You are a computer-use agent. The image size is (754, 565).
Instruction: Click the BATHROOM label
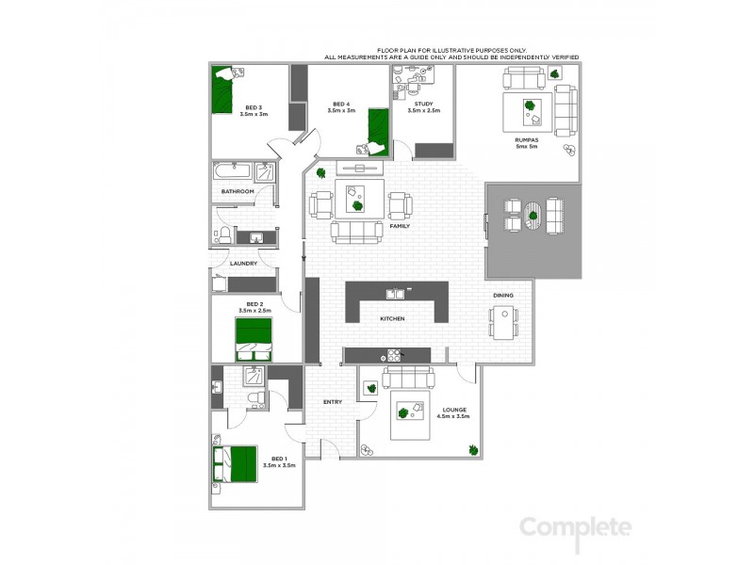tap(238, 192)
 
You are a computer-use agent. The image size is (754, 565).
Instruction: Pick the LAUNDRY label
tap(243, 263)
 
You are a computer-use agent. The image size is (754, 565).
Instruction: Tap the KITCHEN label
tap(392, 319)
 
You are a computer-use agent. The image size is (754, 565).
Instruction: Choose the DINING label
tap(503, 296)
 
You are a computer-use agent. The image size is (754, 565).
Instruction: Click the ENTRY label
tap(333, 402)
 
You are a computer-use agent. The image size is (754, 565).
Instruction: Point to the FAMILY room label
tap(400, 226)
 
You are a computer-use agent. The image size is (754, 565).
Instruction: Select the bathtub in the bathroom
tap(232, 173)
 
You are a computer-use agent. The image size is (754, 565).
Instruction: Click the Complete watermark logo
tap(575, 528)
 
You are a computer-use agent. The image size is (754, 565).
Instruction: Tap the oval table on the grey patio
tap(533, 215)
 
